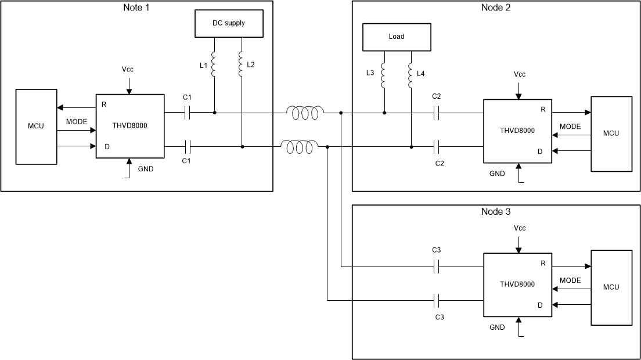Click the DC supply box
coord(228,24)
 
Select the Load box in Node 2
coord(397,37)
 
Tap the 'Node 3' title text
coord(496,212)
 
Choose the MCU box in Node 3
coord(611,287)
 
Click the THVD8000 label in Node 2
coord(517,131)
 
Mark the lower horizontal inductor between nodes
coord(299,147)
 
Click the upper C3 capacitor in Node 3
coord(439,267)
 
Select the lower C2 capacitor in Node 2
coord(439,147)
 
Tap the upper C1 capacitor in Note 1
coord(187,113)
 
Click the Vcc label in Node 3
coord(520,228)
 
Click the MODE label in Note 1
coord(77,122)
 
